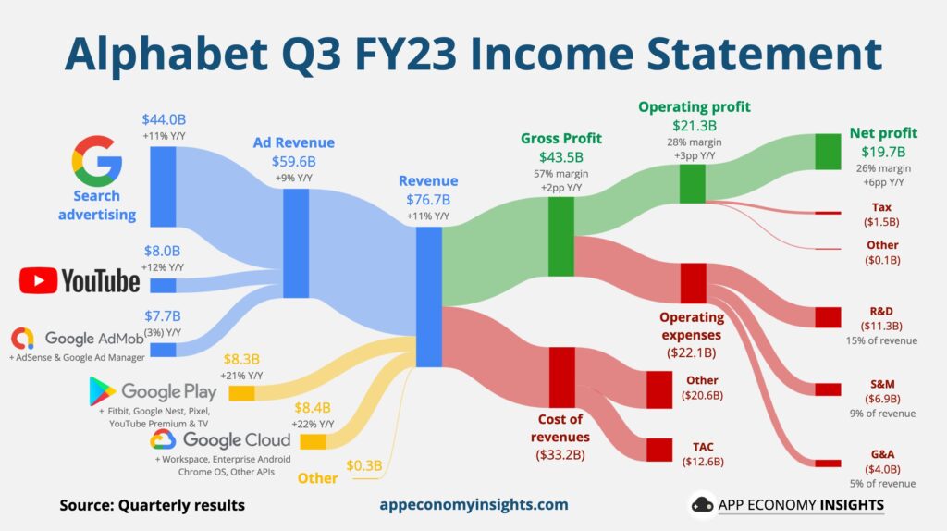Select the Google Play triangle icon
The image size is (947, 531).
coord(102,392)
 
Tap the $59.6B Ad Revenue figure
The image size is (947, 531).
coord(294,161)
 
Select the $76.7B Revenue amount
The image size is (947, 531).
coord(427,199)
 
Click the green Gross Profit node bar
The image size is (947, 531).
coord(561,235)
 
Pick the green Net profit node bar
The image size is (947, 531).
coord(828,152)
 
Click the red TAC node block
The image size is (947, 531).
coord(658,450)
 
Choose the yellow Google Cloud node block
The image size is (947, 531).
coord(313,442)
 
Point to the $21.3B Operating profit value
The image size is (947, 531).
coord(694,125)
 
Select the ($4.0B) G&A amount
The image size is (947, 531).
coord(883,468)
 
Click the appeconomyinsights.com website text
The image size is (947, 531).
coord(473,505)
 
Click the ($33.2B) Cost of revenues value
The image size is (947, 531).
coord(558,453)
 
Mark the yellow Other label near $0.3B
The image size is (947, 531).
coord(317,478)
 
